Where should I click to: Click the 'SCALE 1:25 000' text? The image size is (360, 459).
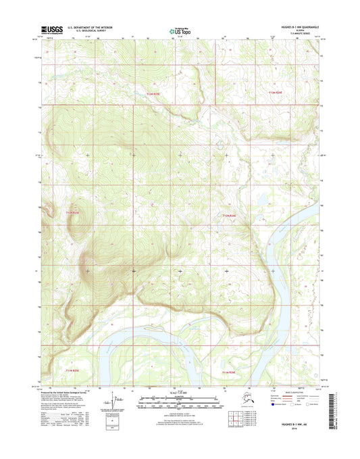click(179, 393)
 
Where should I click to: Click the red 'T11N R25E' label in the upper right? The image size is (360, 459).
click(275, 91)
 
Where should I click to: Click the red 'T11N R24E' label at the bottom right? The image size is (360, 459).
click(230, 371)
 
